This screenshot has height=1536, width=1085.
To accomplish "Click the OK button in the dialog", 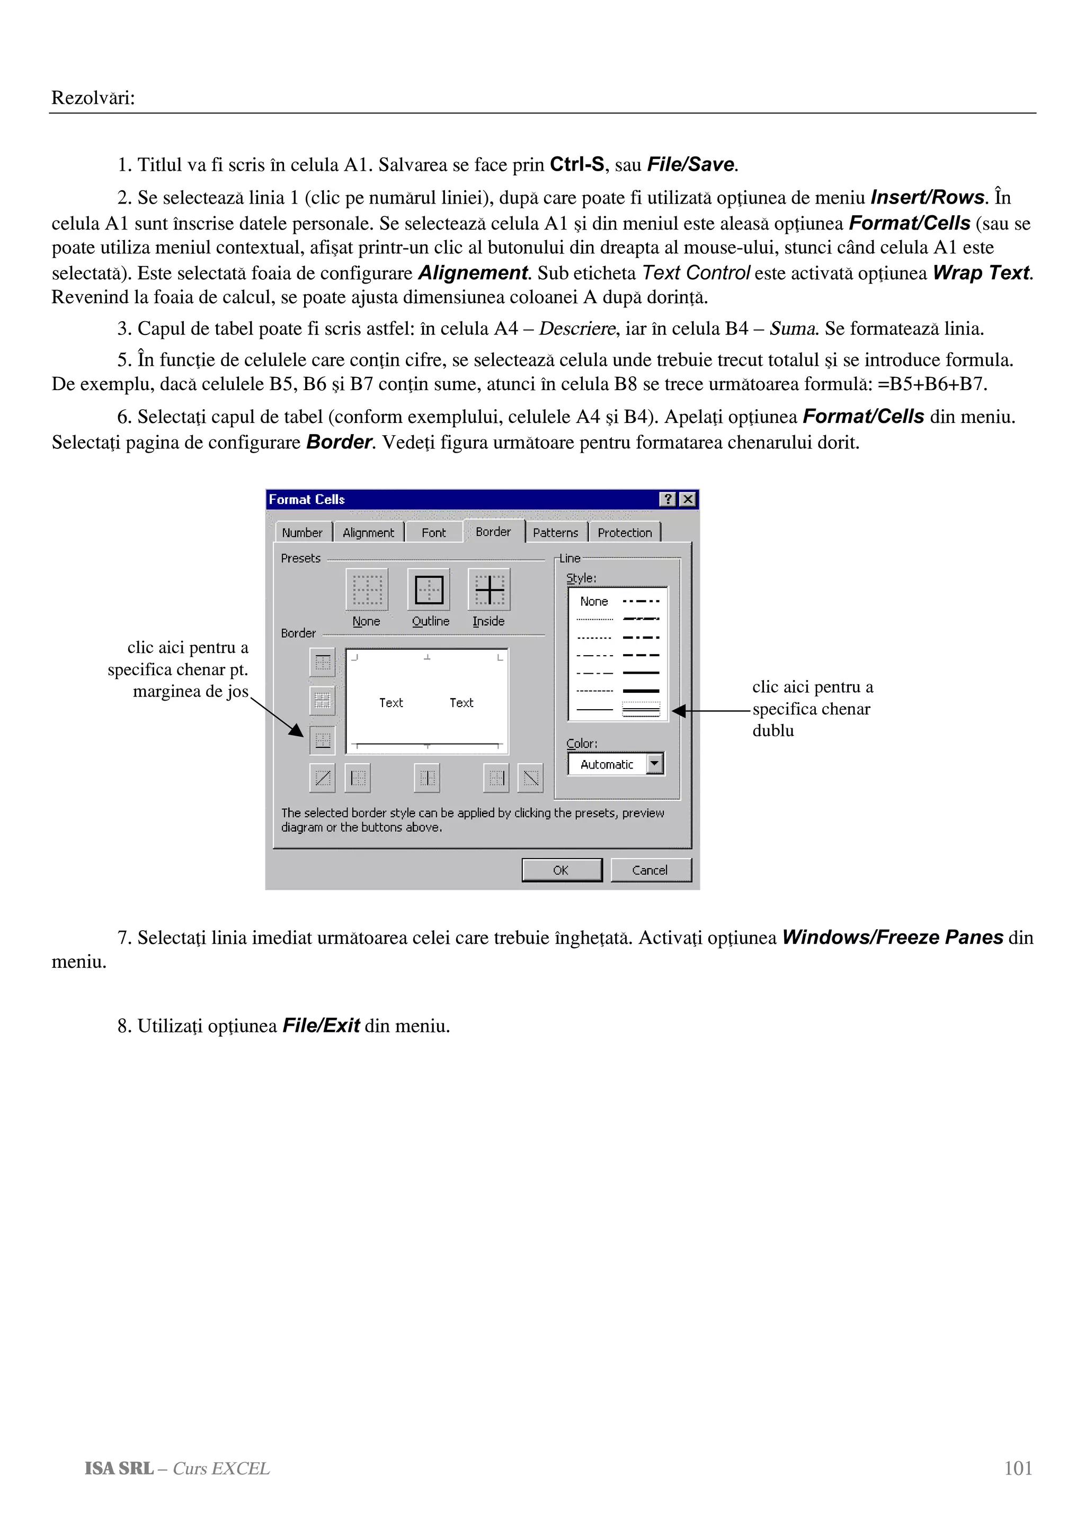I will pyautogui.click(x=561, y=870).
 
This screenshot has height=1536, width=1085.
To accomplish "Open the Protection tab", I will pyautogui.click(x=625, y=533).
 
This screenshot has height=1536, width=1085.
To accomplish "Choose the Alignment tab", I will pyautogui.click(x=368, y=533).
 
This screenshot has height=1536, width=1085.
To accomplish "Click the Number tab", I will pyautogui.click(x=302, y=533).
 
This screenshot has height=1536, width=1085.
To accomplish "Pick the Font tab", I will pyautogui.click(x=433, y=533).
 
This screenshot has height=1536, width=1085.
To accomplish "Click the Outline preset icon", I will pyautogui.click(x=429, y=589).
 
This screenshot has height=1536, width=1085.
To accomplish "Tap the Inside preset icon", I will pyautogui.click(x=488, y=589).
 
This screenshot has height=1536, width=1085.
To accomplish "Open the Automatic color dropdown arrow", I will pyautogui.click(x=654, y=763).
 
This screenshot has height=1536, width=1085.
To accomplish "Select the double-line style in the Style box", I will pyautogui.click(x=641, y=710).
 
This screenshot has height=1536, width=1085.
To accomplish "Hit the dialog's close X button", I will pyautogui.click(x=687, y=499).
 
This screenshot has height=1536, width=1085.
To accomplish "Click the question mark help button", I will pyautogui.click(x=667, y=499).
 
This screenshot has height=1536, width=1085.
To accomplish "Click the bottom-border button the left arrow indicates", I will pyautogui.click(x=322, y=739).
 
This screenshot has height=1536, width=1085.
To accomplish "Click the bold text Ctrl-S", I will pyautogui.click(x=576, y=164).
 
